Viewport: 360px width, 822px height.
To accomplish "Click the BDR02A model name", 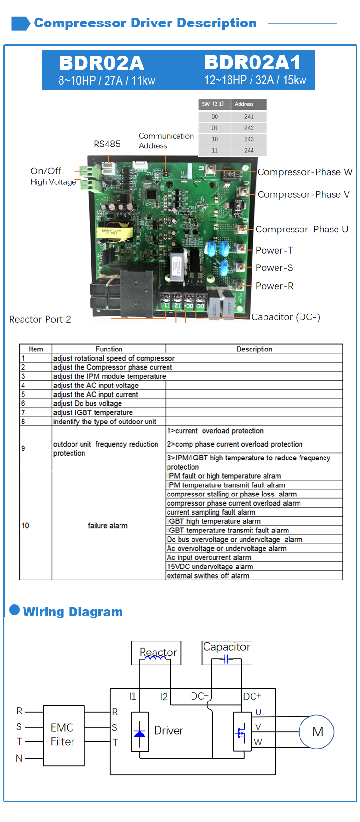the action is [101, 63].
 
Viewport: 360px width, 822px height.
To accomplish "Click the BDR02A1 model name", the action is [252, 62].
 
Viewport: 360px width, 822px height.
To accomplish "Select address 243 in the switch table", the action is [249, 139].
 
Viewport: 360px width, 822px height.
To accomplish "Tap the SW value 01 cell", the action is [214, 128].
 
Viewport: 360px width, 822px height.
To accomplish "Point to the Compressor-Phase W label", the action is [305, 172].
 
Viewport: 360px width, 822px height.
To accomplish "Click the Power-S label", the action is [274, 268].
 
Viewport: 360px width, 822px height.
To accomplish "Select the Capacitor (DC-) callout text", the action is [286, 317].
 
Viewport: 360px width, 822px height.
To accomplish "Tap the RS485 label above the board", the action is [107, 144].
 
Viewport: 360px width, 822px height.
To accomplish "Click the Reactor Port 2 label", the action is [40, 319].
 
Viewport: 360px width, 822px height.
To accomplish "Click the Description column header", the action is [254, 349].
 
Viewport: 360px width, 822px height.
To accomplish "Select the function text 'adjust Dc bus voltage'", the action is [87, 403].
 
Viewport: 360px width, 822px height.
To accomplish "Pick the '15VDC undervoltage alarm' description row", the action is [210, 566].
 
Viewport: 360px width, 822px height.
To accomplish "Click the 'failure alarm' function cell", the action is [108, 525].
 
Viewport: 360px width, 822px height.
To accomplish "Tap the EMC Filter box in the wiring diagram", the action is [64, 736].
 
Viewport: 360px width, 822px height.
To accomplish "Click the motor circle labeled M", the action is [316, 732].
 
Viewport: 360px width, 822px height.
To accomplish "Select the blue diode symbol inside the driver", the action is [140, 733].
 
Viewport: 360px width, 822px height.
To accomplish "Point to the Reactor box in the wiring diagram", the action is [156, 653].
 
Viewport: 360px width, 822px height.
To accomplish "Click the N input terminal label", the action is [19, 758].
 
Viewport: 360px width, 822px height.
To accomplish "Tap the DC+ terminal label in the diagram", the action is [252, 696].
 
